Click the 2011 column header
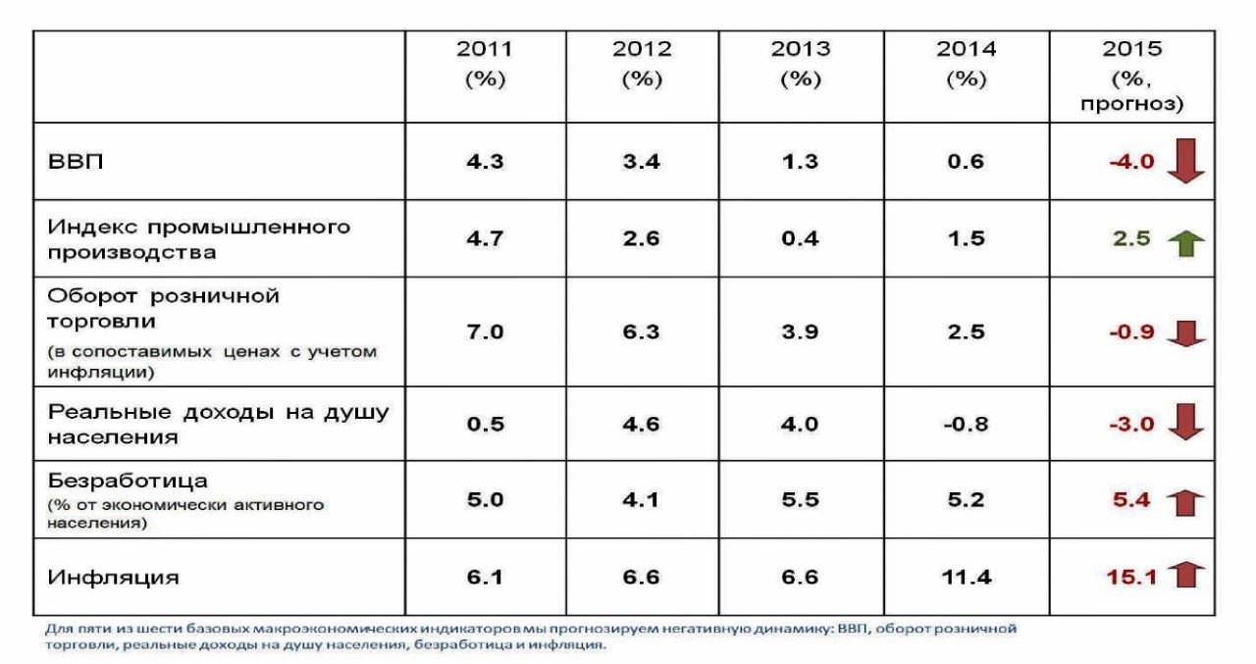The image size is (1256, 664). coord(484,64)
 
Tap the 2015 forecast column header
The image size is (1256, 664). coord(1132,76)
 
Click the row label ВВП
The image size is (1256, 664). coord(75,162)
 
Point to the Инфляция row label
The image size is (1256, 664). coord(114,577)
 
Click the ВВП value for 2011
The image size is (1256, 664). coord(484,162)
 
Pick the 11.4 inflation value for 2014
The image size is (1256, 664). coord(966,577)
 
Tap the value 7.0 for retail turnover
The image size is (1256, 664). coord(484,332)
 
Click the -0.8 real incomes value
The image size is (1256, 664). coord(966,425)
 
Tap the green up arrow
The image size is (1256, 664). coord(1186,241)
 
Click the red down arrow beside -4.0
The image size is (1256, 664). coord(1186,161)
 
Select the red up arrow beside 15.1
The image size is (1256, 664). coord(1188,575)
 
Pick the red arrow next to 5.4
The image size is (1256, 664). coord(1186,502)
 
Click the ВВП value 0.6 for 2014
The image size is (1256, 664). coord(966,162)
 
